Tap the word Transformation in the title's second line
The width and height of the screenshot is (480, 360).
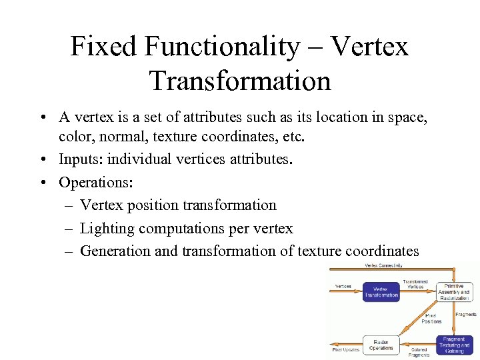[240, 80]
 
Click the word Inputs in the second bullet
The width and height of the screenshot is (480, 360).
[79, 159]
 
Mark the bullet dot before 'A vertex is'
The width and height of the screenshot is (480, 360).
[42, 117]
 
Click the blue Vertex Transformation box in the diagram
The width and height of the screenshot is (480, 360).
[381, 292]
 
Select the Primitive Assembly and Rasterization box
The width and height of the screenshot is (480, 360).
[454, 291]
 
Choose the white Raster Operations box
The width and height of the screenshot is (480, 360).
[381, 345]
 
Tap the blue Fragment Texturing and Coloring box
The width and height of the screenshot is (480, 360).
[455, 345]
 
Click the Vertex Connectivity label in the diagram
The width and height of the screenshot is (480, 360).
[383, 265]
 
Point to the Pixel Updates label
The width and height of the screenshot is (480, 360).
[346, 350]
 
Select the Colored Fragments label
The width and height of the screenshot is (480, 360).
[419, 353]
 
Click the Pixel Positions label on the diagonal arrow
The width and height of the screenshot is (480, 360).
[431, 318]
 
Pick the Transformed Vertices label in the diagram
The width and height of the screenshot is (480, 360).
[416, 284]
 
